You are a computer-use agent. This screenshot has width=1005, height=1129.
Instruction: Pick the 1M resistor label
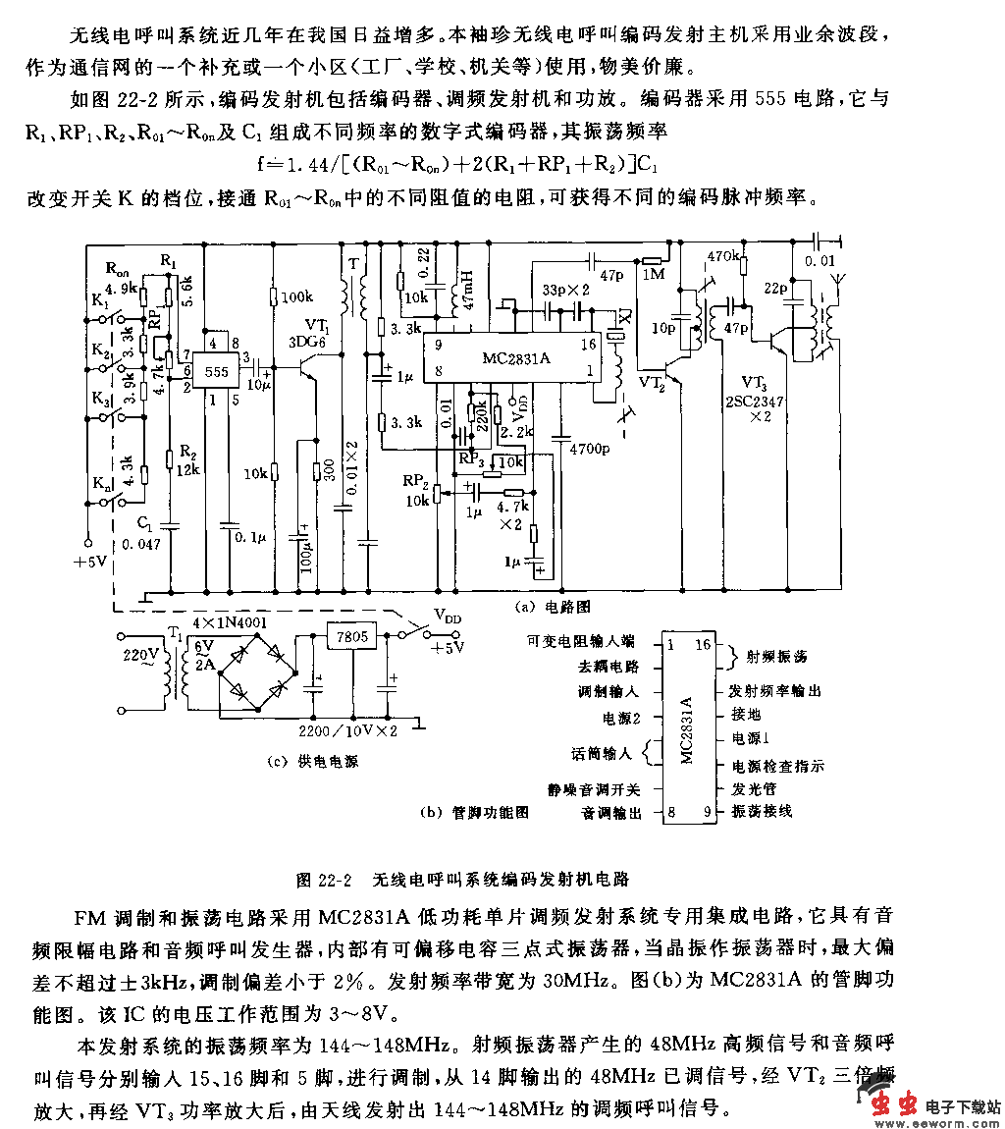(x=653, y=274)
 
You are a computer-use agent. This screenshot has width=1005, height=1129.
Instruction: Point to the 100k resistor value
(x=295, y=296)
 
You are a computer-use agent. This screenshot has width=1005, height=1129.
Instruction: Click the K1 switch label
(x=100, y=303)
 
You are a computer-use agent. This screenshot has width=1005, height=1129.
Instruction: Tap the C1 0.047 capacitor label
(x=144, y=534)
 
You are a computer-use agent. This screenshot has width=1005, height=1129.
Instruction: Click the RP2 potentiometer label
(x=415, y=482)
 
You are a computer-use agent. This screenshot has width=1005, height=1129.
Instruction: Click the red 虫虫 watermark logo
(x=898, y=1105)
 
